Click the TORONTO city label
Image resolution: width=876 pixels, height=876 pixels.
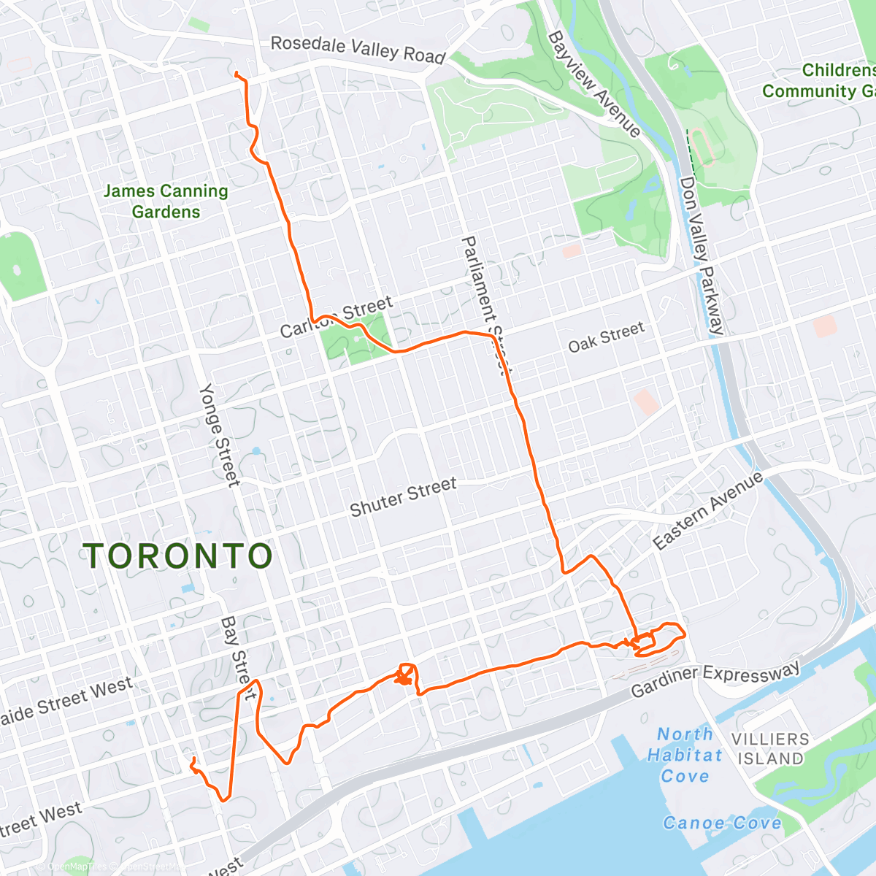[179, 556]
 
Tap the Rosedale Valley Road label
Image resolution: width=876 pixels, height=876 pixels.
[358, 49]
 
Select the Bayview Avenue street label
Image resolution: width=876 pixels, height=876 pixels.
[593, 83]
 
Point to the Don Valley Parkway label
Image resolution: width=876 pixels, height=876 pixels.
[702, 255]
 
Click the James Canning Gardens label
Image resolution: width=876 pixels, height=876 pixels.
[166, 201]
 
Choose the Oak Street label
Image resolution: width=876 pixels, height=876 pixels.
[606, 337]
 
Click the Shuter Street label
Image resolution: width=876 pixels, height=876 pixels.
[403, 496]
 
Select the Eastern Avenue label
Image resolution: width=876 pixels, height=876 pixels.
[707, 511]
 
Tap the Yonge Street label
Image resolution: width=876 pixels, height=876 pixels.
[219, 434]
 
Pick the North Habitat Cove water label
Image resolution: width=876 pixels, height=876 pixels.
[684, 755]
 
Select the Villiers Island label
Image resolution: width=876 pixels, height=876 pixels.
[770, 748]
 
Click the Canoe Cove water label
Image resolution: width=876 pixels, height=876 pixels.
[721, 823]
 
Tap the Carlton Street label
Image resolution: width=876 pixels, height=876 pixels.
[337, 317]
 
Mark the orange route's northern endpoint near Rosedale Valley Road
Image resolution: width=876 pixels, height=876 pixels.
[236, 73]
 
